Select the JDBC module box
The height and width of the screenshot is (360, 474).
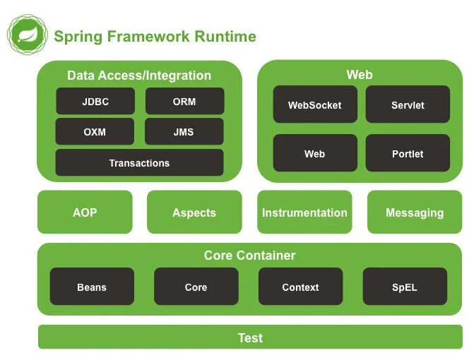coord(95,102)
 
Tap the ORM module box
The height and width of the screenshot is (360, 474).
coord(184,102)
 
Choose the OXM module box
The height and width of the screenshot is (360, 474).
coord(95,132)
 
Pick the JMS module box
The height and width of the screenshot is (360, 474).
coord(184,132)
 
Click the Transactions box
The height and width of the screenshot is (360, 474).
coord(139,163)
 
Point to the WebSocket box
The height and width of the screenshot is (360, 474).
coord(314,105)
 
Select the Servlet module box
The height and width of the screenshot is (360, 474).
coord(408,105)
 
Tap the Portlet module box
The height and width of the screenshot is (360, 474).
coord(408,154)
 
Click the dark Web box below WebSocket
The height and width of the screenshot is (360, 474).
coord(314,154)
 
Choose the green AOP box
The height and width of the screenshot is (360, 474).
coord(85,212)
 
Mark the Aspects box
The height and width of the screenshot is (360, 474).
coord(194,212)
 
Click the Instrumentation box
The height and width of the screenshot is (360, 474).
coord(304,212)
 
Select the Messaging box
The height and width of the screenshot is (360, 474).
coord(415,212)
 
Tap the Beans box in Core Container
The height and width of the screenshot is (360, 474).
coord(92,287)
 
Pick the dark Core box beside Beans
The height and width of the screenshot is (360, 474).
coord(196,287)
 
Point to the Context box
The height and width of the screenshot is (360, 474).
coord(300,287)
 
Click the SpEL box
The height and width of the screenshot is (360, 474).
coord(405,287)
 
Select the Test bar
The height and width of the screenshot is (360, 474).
coord(250,337)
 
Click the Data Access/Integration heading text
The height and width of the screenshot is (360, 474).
coord(139,76)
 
